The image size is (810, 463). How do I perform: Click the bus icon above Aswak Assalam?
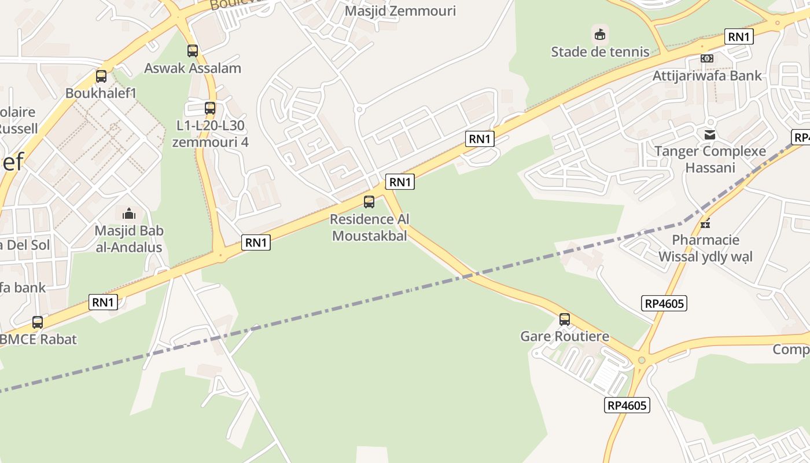(x=193, y=51)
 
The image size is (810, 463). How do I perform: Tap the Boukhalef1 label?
(x=101, y=93)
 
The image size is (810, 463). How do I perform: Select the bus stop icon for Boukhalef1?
(x=101, y=76)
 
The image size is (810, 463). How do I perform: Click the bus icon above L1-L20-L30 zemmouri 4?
(x=210, y=108)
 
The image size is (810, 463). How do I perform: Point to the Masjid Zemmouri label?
(x=400, y=11)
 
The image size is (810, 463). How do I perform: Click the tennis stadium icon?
(x=600, y=35)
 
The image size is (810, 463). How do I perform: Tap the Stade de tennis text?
(x=600, y=52)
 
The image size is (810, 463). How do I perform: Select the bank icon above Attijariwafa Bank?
(x=707, y=58)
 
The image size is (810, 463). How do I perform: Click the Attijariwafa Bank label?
(x=707, y=76)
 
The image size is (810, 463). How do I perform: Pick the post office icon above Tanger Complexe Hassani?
(x=710, y=135)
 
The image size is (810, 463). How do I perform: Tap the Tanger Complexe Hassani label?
(x=710, y=159)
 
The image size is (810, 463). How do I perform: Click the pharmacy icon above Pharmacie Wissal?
(x=705, y=223)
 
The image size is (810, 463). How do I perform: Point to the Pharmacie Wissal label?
(x=705, y=248)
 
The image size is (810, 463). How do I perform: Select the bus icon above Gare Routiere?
(x=565, y=319)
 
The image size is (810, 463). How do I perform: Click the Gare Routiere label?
(x=565, y=336)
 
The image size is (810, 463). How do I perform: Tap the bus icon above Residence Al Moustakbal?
(x=369, y=202)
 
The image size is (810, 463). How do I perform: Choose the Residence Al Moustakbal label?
(x=369, y=227)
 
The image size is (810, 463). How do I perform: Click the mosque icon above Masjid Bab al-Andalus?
(x=129, y=214)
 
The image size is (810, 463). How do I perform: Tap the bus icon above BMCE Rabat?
(x=38, y=322)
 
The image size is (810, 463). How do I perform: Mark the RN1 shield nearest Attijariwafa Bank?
(x=739, y=37)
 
